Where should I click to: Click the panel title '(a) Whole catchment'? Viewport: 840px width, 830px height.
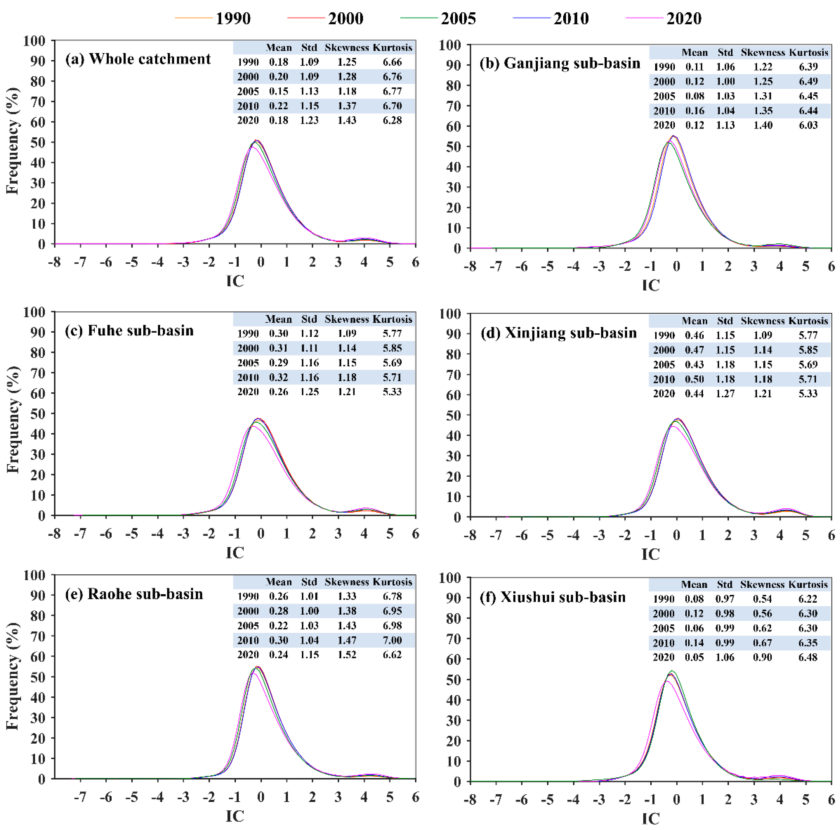pos(138,59)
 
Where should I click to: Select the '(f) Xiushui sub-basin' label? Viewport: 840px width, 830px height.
pos(553,597)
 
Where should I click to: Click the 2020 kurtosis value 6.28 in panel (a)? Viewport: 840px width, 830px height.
pos(392,120)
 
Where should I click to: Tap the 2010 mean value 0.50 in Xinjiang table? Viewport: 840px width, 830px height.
pos(694,379)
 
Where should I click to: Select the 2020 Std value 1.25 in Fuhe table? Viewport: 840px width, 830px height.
pos(309,391)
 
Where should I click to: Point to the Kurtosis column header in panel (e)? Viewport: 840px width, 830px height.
pos(392,582)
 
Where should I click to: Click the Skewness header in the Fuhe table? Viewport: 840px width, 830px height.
pos(346,319)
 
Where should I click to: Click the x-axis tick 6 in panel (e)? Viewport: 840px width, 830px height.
pos(415,797)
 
